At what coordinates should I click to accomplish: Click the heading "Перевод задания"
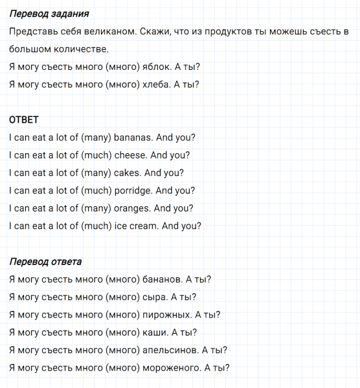pos(50,14)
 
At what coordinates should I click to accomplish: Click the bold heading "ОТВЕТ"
pos(25,120)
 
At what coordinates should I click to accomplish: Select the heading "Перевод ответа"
pos(46,262)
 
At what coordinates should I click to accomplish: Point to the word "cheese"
pos(131,155)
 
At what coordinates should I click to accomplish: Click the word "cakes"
pos(128,173)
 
